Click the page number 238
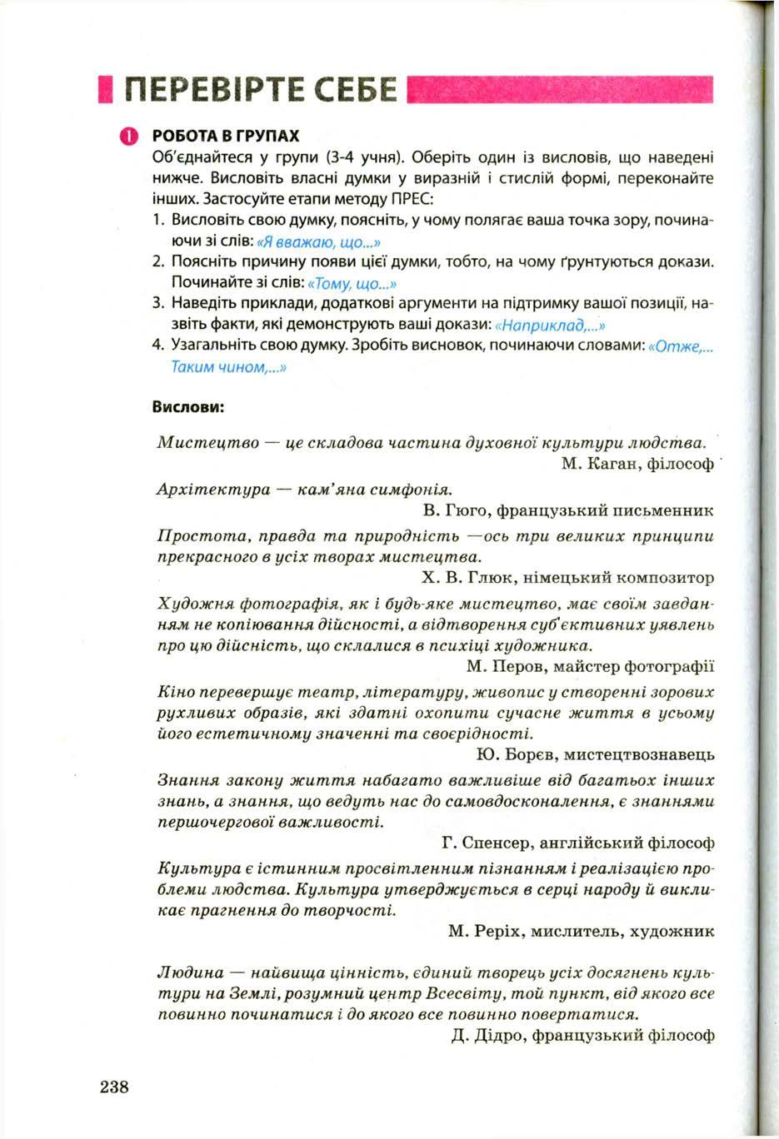tap(114, 1086)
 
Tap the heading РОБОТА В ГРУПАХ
tap(226, 136)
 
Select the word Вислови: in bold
tap(188, 407)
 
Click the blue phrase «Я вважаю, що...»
tap(319, 242)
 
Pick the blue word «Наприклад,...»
tap(549, 324)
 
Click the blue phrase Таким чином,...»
tap(229, 366)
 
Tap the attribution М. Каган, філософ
tap(637, 464)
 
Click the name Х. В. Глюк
tap(460, 576)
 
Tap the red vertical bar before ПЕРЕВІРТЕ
tap(104, 89)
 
